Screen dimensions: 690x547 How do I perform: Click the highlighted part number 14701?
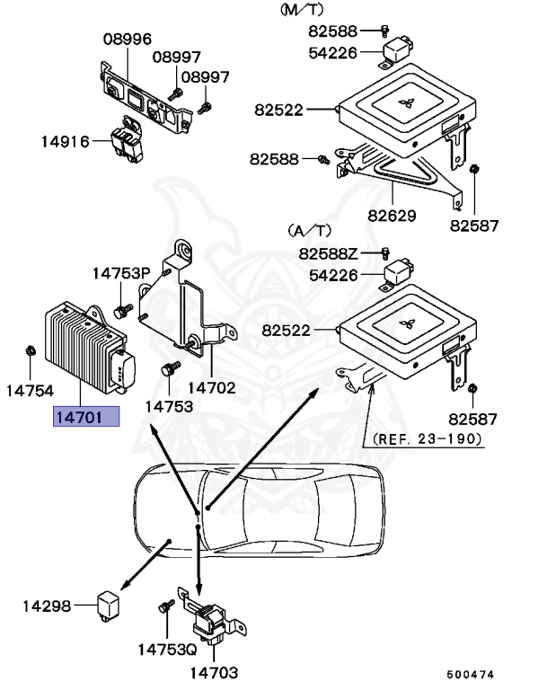86,417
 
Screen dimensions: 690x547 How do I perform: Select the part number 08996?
127,40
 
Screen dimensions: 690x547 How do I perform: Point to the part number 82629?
392,216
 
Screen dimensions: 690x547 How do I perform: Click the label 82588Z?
329,253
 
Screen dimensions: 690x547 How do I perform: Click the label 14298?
47,606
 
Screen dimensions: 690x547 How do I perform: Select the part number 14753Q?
166,648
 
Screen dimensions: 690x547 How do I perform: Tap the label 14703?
214,671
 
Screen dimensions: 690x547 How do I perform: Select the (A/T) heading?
310,231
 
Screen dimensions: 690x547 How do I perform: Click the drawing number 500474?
471,673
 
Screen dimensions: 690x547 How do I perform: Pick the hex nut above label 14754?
30,349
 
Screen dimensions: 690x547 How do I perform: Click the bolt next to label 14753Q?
165,608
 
